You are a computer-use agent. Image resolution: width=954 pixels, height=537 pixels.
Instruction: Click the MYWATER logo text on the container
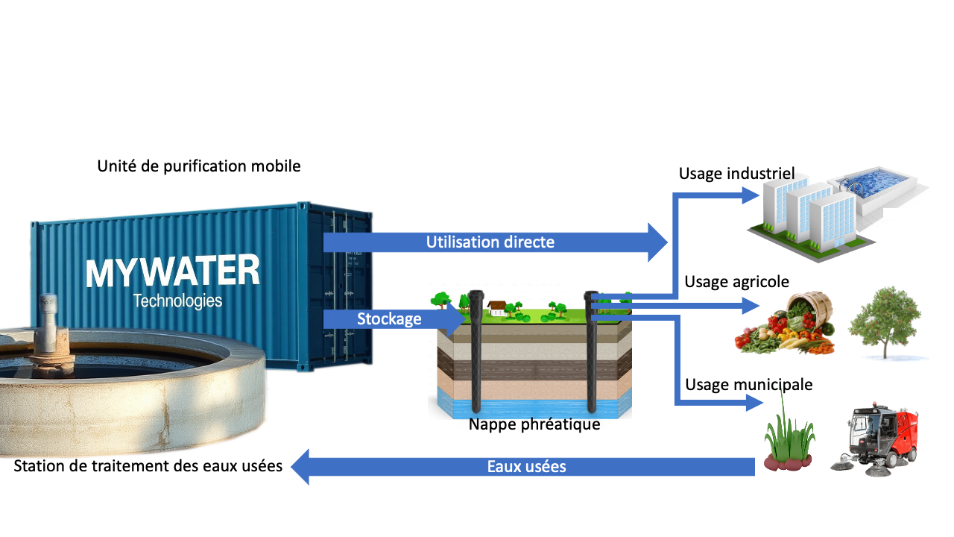[x=172, y=272]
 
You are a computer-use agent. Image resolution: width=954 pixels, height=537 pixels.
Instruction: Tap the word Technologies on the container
[x=177, y=301]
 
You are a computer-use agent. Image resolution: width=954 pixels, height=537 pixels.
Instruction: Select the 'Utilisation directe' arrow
[x=490, y=242]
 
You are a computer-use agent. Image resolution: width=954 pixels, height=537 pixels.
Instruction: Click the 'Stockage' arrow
[x=389, y=319]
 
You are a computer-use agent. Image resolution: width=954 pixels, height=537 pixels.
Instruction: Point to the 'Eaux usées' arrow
[x=526, y=467]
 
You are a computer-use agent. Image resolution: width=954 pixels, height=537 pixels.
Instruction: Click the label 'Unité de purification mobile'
[x=199, y=166]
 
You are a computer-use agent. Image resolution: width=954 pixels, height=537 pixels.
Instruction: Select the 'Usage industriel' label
[x=736, y=174]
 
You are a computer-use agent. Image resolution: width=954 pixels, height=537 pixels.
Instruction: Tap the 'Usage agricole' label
[x=736, y=282]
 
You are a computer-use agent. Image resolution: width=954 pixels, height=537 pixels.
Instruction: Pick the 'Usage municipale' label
[x=748, y=385]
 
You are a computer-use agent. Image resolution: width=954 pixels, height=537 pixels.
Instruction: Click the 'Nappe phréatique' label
[x=534, y=425]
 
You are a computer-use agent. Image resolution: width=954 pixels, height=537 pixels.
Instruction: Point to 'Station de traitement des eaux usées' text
[x=148, y=467]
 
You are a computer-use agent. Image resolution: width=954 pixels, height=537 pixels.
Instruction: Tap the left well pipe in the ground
[x=476, y=351]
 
